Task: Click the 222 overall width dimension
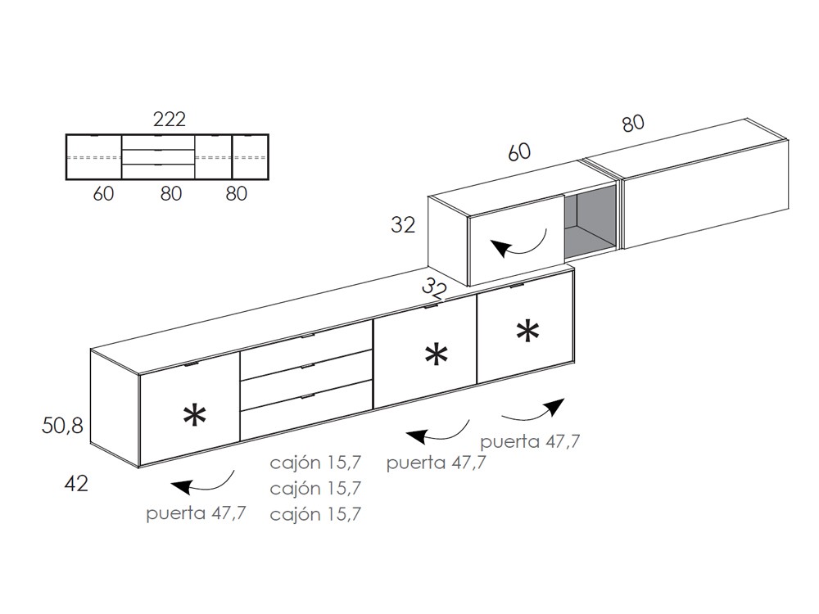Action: point(169,120)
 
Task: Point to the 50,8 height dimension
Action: point(62,425)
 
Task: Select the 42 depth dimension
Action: point(75,483)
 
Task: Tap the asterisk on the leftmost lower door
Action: point(194,416)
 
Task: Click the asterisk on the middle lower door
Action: point(437,354)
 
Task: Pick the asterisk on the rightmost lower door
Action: point(527,331)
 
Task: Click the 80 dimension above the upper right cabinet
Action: point(632,123)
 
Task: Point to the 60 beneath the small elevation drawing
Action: point(103,193)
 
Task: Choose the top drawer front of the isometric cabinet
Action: point(306,348)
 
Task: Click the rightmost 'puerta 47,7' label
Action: point(530,441)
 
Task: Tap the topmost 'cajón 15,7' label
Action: point(315,463)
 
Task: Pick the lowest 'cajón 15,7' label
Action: point(315,514)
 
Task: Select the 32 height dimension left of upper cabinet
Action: point(403,225)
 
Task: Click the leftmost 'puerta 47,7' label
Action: point(196,514)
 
